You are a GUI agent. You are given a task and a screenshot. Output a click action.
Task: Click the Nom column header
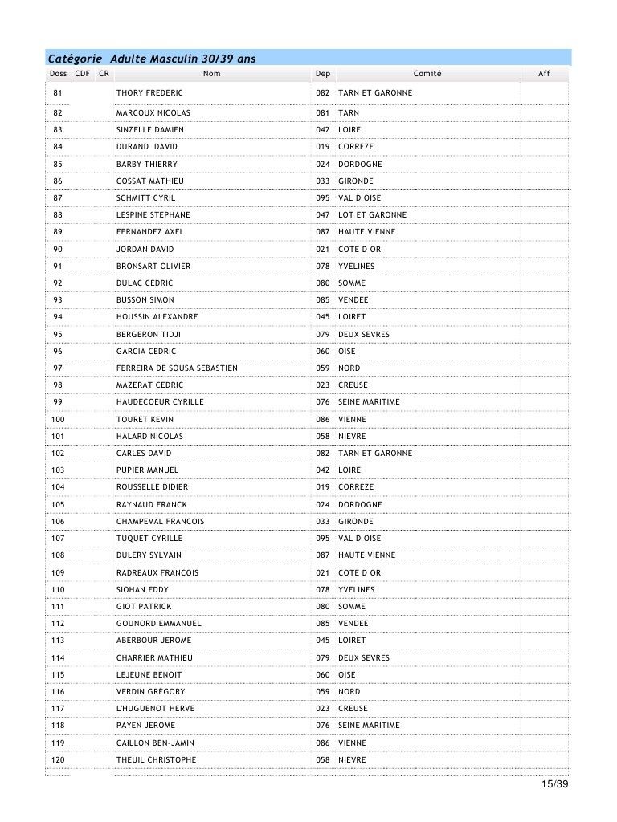[x=211, y=74]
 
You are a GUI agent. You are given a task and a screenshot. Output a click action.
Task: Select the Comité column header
[x=427, y=74]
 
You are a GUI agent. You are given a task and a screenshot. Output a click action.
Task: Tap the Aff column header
[x=544, y=74]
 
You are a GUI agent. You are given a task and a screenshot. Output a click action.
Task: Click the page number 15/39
[x=554, y=784]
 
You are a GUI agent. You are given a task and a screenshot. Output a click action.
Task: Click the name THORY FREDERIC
[x=149, y=93]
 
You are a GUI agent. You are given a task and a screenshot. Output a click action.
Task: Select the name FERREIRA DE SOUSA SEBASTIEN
[x=177, y=368]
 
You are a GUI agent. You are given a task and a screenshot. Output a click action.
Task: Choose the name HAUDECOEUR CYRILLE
[x=160, y=402]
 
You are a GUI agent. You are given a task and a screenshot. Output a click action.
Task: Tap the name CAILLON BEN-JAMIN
[x=156, y=743]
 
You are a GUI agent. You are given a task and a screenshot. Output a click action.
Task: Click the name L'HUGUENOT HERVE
[x=155, y=709]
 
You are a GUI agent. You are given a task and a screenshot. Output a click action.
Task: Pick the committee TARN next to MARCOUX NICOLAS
[x=349, y=113]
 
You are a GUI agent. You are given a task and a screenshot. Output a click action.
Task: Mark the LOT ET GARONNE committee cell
[x=372, y=215]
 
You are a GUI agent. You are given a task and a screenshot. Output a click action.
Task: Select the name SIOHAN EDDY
[x=142, y=590]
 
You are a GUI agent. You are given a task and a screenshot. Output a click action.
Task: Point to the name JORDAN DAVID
[x=145, y=250]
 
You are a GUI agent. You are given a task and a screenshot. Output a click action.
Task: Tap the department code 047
[x=323, y=215]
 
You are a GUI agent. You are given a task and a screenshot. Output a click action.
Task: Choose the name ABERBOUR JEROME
[x=153, y=641]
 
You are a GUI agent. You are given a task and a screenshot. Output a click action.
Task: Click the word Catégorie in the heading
[x=74, y=58]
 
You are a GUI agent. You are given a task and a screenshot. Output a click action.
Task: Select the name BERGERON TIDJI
[x=149, y=334]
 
